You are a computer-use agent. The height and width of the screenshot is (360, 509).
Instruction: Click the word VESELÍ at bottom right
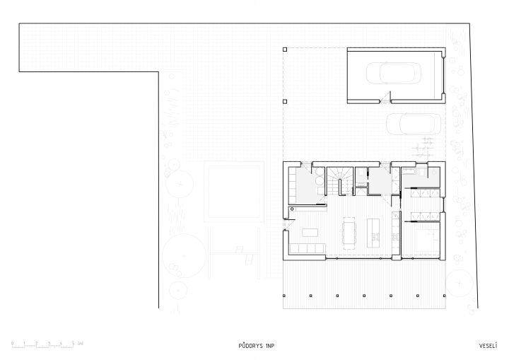coord(488,346)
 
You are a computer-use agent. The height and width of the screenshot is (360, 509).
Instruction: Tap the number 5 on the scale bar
coord(73,343)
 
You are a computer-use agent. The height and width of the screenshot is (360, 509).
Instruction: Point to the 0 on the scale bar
coord(12,343)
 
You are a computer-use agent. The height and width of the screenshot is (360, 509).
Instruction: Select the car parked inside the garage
coord(394,73)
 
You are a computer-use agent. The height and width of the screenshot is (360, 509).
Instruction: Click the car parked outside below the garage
coord(414,124)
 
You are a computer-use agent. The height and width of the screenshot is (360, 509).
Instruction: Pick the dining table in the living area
coord(349,233)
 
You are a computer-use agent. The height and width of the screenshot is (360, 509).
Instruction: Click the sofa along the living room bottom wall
coord(307,248)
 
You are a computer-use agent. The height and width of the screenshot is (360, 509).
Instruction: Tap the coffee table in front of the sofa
coord(310,232)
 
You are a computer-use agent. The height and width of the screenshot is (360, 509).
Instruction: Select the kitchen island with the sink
coord(373,233)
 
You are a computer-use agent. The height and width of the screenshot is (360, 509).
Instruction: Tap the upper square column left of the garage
coord(285,50)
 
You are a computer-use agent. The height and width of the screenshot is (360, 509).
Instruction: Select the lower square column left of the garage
coord(285,101)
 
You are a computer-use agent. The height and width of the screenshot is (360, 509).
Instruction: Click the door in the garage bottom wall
coord(385,98)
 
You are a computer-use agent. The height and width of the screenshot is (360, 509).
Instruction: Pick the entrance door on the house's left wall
coord(288,224)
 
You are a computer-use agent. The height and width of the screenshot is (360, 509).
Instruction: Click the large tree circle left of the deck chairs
coord(184,255)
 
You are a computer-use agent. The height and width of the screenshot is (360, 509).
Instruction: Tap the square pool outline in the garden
coord(234,192)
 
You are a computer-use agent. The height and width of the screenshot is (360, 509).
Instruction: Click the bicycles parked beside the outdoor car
coord(423,147)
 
